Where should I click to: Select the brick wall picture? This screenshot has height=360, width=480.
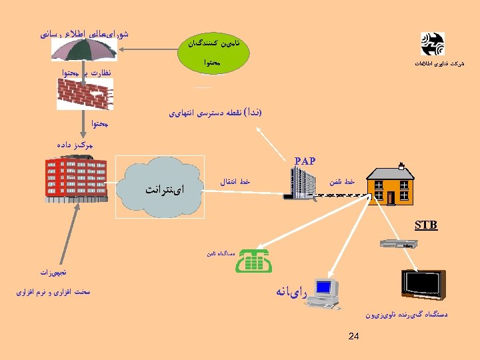pos(85,93)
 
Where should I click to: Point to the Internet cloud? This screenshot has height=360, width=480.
pos(161,187)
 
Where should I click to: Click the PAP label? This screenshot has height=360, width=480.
pos(305,161)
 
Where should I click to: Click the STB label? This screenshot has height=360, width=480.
pos(425,225)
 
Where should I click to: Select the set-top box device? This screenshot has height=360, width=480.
pos(397,244)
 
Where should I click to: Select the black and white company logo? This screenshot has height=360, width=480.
pos(432,45)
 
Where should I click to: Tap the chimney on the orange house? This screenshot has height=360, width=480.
pos(401,165)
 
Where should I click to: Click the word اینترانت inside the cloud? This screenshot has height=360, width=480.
pos(164,189)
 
